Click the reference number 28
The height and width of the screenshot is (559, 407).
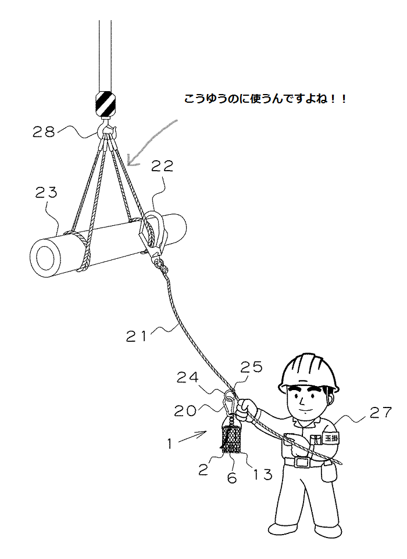pyautogui.click(x=44, y=132)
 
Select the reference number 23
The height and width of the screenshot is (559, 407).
pyautogui.click(x=46, y=193)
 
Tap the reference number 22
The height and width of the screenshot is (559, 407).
pyautogui.click(x=162, y=166)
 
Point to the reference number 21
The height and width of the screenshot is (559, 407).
pyautogui.click(x=136, y=336)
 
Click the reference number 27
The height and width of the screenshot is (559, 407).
pyautogui.click(x=381, y=412)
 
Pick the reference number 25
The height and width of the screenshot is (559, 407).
pyautogui.click(x=251, y=367)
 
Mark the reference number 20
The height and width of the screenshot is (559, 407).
pyautogui.click(x=185, y=411)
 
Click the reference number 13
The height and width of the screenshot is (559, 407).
pyautogui.click(x=263, y=474)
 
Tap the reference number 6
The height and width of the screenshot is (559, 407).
pyautogui.click(x=232, y=478)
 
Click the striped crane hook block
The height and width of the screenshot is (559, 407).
pyautogui.click(x=105, y=103)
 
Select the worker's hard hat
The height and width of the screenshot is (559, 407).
pyautogui.click(x=309, y=373)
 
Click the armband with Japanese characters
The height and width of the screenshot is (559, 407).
pyautogui.click(x=330, y=438)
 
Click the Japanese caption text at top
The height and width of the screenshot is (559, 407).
pyautogui.click(x=265, y=99)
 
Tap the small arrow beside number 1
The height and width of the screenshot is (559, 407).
pyautogui.click(x=192, y=437)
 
